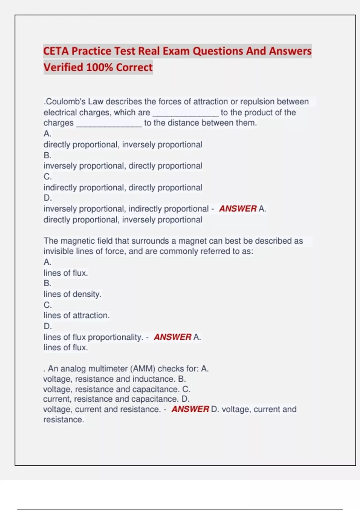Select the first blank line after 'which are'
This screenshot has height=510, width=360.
click(186, 113)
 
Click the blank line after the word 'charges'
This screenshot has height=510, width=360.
click(109, 124)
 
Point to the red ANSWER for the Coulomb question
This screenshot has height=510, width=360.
click(238, 209)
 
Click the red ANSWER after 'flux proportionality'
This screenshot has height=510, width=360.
click(172, 337)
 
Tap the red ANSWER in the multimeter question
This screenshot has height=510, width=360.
click(190, 409)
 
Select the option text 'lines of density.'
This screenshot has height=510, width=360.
click(73, 294)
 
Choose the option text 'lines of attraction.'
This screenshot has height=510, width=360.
click(76, 316)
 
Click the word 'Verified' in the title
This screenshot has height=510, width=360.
click(63, 67)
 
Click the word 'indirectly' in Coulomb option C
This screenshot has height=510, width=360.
click(60, 188)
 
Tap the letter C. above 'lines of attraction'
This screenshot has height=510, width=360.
click(47, 305)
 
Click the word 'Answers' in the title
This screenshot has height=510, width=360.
click(290, 51)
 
